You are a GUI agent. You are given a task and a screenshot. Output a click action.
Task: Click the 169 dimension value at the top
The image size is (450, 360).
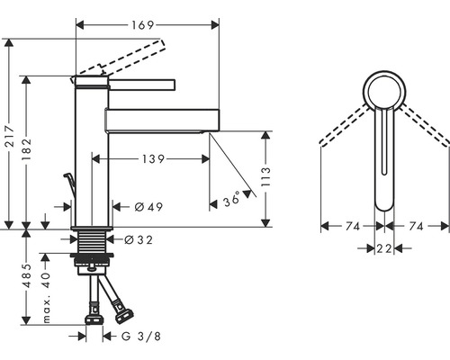click(142, 25)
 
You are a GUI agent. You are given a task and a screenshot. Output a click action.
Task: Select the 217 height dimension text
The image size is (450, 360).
click(11, 137)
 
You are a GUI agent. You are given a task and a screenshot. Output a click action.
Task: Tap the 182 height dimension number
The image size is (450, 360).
click(27, 148)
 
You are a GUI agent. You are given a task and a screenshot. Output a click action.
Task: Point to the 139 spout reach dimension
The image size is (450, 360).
click(153, 159)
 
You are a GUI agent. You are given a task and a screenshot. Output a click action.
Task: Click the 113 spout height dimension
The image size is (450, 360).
click(265, 176)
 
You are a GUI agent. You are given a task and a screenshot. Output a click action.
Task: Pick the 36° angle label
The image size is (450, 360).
click(232, 199)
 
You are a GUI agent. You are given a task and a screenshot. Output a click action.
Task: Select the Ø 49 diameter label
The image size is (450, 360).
click(148, 207)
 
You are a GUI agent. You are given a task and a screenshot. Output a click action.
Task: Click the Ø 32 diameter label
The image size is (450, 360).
click(139, 239)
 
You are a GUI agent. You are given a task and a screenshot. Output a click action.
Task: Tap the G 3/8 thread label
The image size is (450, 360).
click(141, 337)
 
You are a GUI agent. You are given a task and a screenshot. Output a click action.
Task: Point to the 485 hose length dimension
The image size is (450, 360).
click(27, 275)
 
